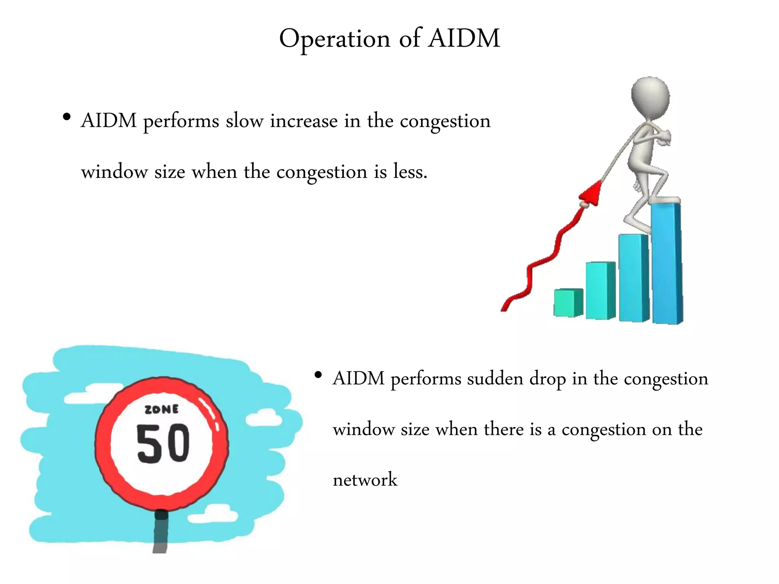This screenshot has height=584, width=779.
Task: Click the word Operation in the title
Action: [x=335, y=39]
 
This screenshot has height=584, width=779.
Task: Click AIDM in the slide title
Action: [x=464, y=38]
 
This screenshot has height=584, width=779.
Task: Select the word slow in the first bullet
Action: [x=244, y=121]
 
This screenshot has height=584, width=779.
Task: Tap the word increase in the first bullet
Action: [x=304, y=121]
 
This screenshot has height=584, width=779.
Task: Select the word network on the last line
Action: [x=365, y=479]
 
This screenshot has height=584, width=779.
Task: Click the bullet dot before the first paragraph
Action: [x=67, y=117]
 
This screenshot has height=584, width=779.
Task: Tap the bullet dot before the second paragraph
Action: [x=318, y=375]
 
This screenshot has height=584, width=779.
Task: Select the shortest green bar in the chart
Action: [x=568, y=302]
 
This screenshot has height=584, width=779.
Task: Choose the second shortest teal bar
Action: [x=600, y=290]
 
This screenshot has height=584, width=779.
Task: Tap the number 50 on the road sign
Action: [x=163, y=444]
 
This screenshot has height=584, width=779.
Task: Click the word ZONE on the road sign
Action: [x=162, y=409]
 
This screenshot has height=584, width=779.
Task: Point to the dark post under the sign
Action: [x=161, y=532]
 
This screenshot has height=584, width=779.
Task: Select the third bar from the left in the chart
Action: [x=633, y=278]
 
